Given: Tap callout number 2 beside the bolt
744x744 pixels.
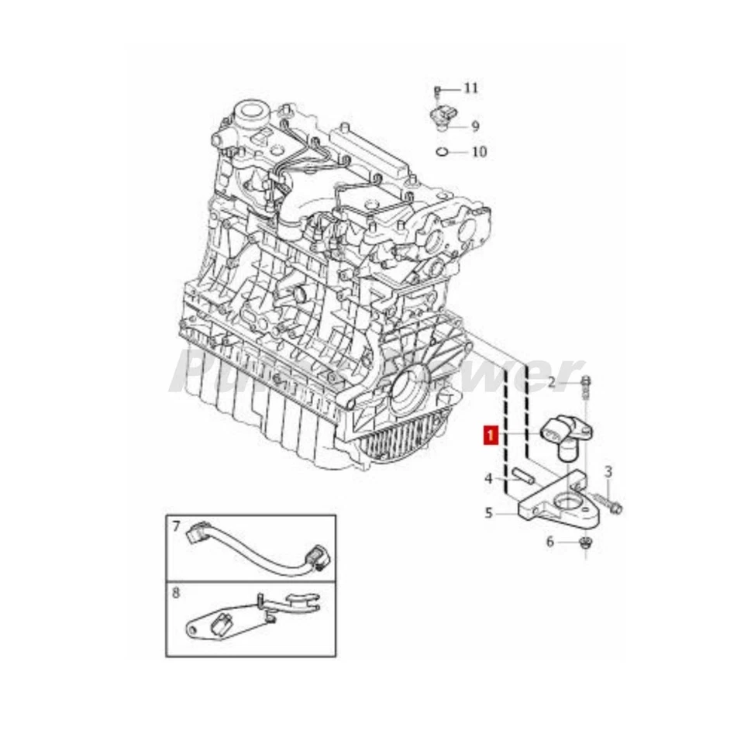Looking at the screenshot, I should point(552,381).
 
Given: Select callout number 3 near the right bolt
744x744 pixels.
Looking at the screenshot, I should point(608,471).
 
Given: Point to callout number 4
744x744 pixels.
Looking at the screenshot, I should point(488,479).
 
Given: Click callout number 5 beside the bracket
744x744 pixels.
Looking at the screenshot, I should point(488,512).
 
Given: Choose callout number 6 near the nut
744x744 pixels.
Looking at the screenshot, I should point(550,542).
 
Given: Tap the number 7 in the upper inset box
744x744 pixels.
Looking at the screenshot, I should point(177,527).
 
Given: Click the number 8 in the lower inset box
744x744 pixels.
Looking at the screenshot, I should point(177,594).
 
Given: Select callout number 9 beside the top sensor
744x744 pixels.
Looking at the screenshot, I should point(475,126).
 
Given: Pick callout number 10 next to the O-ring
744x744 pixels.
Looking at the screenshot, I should point(479,152).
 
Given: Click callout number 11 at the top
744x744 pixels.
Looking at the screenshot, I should point(471,88).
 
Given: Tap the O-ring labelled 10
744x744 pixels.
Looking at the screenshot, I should point(441,150).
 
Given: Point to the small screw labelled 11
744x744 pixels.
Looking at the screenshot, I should point(437,91).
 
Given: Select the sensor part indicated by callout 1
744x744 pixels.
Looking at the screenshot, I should point(568,434).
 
